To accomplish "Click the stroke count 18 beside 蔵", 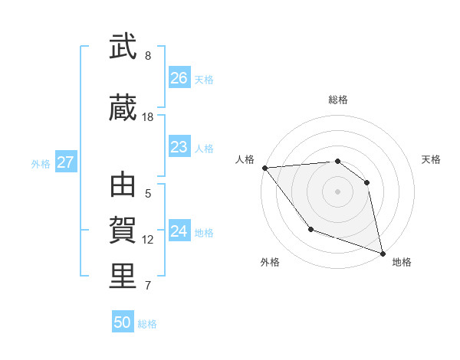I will coord(148,117).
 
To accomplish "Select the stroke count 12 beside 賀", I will coord(148,240).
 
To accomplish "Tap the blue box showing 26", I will coord(179,78).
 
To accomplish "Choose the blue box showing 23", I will coord(179,147).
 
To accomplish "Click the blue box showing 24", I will coord(179,231).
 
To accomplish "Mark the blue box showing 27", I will coord(65,162).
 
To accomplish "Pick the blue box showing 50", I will coord(122,322).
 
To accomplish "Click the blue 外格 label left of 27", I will coord(41,163).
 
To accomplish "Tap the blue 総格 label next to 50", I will coord(147,324).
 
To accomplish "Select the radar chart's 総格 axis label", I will coord(337,100).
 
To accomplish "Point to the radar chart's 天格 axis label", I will coord(431,159).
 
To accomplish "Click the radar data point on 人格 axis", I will coord(264,168).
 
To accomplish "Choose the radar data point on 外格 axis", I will coord(310,229).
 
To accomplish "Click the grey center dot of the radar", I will coord(337,191).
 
